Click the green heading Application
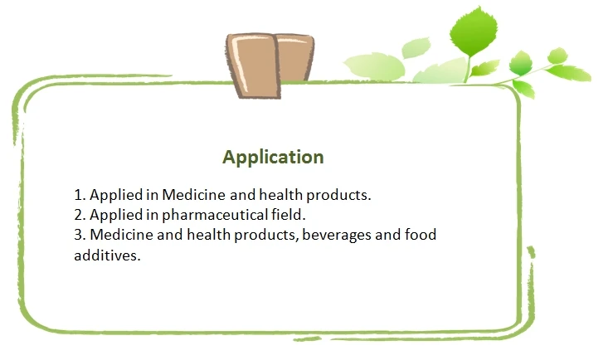tap(273, 156)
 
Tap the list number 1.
tap(79, 196)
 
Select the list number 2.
tap(79, 216)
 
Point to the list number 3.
tap(79, 236)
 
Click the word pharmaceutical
tap(210, 216)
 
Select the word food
tap(420, 236)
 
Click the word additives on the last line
tap(106, 255)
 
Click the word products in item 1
tap(336, 196)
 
